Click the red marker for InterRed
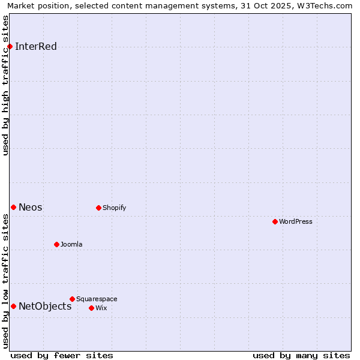[10, 47]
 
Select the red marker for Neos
[13, 207]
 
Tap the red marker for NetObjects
[13, 306]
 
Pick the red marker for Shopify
[98, 208]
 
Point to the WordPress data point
[275, 221]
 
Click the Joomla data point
[56, 244]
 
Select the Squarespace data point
[72, 299]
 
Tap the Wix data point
[91, 308]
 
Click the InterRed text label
[36, 47]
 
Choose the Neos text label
[31, 208]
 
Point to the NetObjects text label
[45, 307]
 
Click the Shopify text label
[115, 208]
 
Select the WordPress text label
[296, 222]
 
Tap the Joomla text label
[71, 245]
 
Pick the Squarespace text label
[97, 299]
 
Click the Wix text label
[101, 308]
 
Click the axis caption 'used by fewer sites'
[62, 356]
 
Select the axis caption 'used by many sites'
[301, 356]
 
